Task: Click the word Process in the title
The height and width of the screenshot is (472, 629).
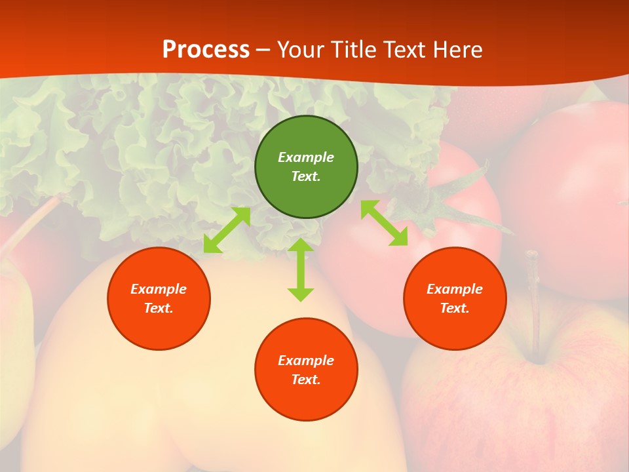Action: [206, 50]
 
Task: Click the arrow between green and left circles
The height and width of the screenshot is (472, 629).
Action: [227, 230]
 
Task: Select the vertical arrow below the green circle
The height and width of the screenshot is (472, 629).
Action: [301, 269]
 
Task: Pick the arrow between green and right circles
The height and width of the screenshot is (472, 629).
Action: [385, 223]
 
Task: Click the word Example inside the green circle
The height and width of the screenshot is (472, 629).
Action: [306, 157]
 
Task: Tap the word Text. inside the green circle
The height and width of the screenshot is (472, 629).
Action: [306, 176]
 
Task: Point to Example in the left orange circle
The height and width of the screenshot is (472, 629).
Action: [159, 289]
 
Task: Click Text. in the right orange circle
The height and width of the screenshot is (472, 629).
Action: [455, 308]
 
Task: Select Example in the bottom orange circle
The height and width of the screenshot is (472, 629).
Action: [306, 361]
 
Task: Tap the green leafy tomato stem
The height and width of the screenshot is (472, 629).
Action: [459, 197]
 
